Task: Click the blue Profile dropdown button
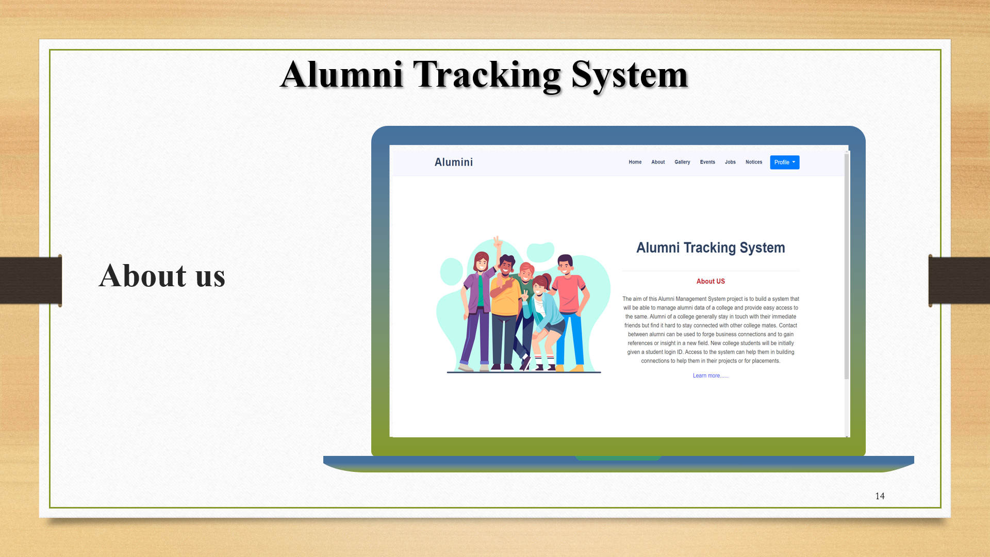784,162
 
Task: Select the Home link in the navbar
635,162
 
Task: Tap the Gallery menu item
682,162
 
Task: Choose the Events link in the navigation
707,162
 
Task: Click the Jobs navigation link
730,162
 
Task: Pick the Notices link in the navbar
753,162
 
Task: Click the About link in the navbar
658,162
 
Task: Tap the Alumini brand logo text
453,162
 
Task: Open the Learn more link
711,376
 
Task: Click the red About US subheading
711,282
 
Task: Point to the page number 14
880,496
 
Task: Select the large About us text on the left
162,276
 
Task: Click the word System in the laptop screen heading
762,248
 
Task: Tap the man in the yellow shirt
505,304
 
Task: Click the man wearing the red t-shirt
569,299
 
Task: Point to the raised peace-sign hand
498,242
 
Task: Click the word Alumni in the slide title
341,75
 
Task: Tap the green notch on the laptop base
618,458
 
